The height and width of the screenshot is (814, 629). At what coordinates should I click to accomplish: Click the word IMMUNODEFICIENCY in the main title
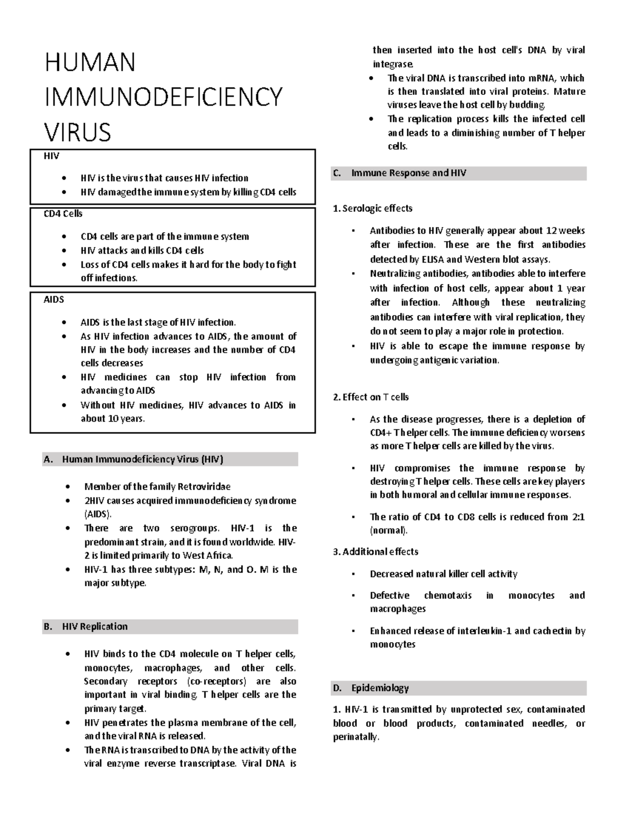point(164,97)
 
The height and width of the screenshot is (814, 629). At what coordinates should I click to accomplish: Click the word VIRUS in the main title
point(78,132)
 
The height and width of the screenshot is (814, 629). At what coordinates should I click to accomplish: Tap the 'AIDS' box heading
point(53,300)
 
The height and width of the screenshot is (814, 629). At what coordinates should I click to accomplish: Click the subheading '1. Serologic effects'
point(373,209)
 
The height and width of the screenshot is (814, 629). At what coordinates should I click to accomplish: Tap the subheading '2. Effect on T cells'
point(371,397)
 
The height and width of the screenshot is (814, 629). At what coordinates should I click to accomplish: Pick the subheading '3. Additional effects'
point(375,552)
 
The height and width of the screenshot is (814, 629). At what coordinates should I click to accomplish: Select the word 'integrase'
point(393,64)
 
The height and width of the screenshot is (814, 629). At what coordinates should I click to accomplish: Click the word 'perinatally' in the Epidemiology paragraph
point(355,737)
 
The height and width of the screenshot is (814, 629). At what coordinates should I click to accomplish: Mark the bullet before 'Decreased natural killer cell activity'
point(354,574)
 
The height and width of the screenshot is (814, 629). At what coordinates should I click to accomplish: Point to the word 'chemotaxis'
point(448,595)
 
